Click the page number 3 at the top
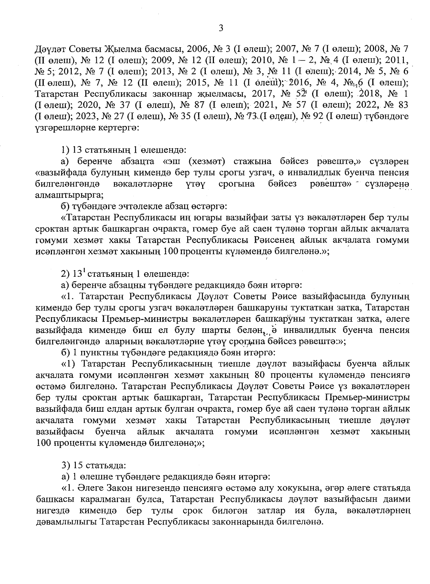click(221, 28)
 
